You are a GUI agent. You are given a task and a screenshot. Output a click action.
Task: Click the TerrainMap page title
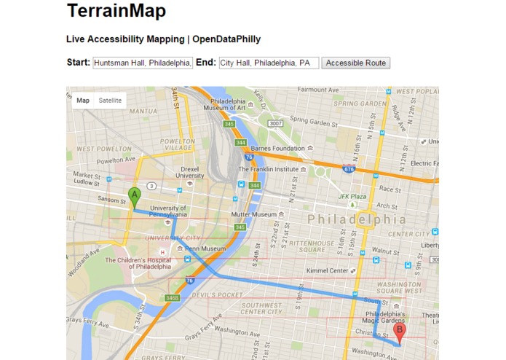116,12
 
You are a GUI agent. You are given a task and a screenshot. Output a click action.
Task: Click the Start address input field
143,63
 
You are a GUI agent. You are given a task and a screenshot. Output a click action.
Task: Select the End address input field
269,63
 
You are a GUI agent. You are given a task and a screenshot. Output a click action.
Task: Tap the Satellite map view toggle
111,101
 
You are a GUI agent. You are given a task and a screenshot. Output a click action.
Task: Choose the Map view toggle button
83,101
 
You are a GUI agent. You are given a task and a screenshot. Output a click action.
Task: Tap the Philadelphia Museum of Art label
229,104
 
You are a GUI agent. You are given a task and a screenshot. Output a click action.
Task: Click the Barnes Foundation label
277,148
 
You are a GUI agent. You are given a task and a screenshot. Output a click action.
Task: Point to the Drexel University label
190,171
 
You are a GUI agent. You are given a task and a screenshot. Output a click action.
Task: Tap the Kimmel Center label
328,270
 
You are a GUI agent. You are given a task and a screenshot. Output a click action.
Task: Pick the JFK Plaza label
352,197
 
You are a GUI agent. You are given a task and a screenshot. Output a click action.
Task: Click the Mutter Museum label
253,214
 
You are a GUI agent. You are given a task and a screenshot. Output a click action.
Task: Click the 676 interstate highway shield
349,170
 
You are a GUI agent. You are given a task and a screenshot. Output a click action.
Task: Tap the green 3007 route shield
274,123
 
